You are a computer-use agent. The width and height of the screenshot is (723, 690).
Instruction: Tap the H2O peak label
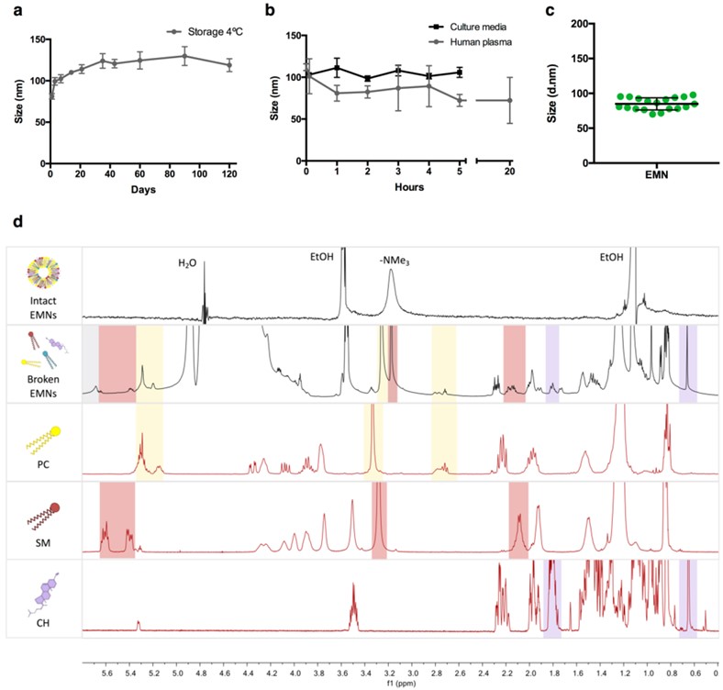point(187,262)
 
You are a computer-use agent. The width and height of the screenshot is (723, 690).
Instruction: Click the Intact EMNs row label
point(41,305)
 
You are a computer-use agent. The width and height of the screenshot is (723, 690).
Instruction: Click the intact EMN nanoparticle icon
point(41,272)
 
